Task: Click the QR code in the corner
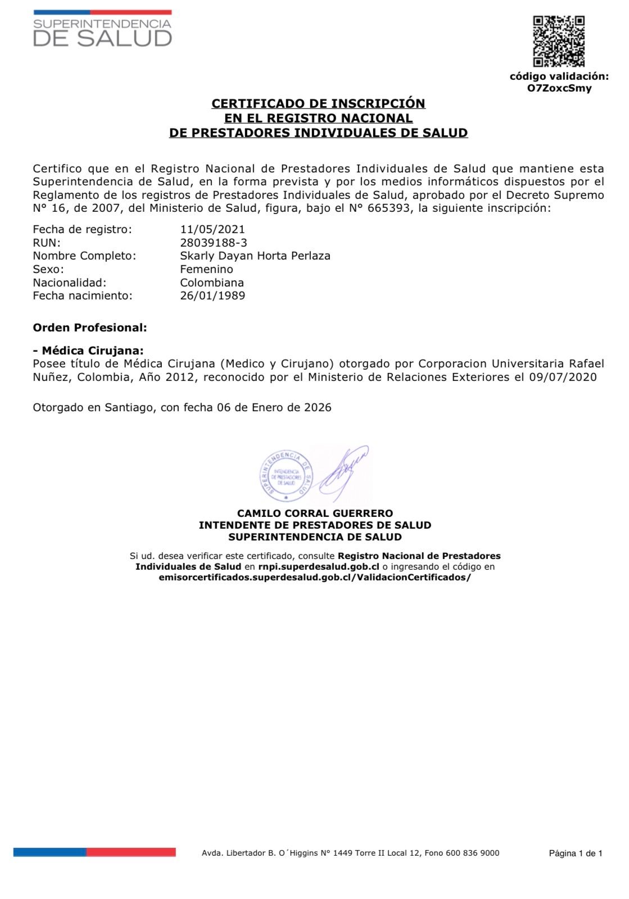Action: pos(559,41)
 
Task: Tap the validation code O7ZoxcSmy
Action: pos(559,88)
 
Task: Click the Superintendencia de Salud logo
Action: pos(102,29)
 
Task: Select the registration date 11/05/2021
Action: pos(212,229)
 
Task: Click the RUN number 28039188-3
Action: pos(214,243)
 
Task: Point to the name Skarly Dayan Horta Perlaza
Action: pos(255,256)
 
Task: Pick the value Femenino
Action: pos(206,269)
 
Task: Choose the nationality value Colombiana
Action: pos(212,283)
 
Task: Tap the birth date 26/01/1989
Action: pos(212,296)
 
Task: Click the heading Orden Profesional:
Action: pos(90,328)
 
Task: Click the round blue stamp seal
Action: pos(286,475)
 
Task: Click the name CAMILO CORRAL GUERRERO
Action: pos(315,513)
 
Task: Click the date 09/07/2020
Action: pos(563,377)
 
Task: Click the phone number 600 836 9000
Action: pos(472,853)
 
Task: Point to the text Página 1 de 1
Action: pos(576,853)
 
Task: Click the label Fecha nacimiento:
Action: pos(83,296)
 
